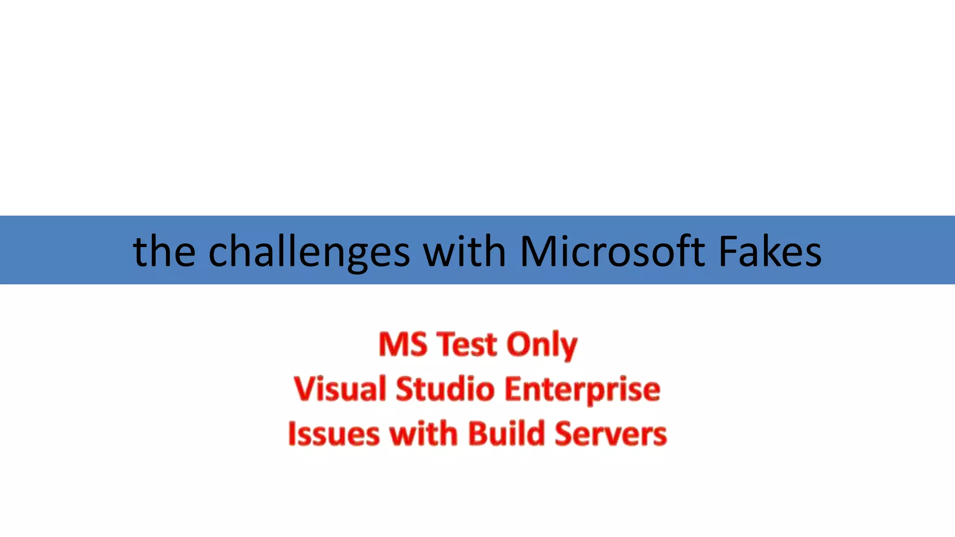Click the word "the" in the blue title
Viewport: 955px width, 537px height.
click(164, 252)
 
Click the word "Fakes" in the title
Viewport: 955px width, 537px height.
click(770, 252)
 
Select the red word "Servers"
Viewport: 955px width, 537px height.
click(611, 434)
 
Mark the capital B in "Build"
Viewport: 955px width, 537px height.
click(478, 434)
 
